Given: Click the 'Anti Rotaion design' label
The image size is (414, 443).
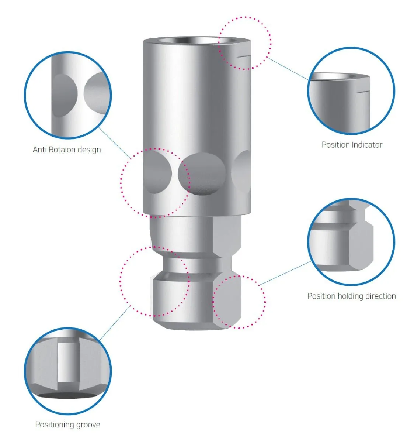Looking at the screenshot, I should tap(67, 150).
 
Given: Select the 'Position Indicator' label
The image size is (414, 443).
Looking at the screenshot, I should tap(352, 145).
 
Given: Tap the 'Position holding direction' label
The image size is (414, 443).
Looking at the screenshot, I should tap(351, 296).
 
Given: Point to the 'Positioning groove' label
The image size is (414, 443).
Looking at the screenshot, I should tap(67, 425).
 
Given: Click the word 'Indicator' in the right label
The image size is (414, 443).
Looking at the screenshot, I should tap(367, 145).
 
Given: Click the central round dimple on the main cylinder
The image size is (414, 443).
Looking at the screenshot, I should tap(202, 174).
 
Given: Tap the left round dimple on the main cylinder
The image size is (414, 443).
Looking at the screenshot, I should tap(157, 172).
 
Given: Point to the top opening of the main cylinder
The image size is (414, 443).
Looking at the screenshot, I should tap(196, 41).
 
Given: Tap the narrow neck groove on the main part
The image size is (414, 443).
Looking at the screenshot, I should tap(192, 264).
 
